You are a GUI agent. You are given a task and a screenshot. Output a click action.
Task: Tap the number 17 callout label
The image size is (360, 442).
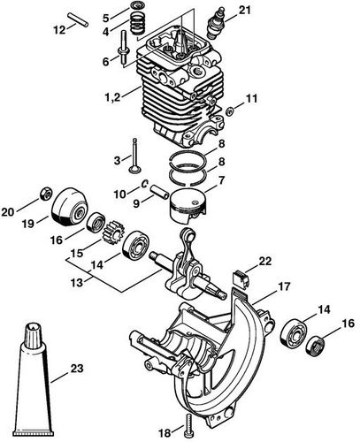[x=284, y=286]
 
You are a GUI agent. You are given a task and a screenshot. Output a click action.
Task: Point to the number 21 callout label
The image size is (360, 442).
[x=244, y=11]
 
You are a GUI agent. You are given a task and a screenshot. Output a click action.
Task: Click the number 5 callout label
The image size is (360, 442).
[x=106, y=17]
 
